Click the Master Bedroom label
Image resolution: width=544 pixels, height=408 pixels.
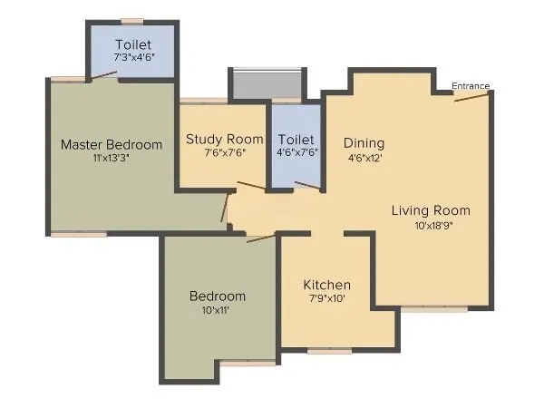112,144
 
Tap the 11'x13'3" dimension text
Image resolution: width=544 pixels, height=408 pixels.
112,159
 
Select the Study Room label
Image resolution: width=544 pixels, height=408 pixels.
224,139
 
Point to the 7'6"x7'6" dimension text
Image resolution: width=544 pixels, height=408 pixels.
224,153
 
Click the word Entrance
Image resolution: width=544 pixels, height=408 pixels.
471,86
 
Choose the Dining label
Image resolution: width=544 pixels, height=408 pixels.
364,143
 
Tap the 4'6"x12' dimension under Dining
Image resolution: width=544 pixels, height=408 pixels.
364,158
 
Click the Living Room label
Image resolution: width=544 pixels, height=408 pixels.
431,211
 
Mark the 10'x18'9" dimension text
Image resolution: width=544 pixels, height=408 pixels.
431,226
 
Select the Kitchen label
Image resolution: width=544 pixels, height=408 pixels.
326,285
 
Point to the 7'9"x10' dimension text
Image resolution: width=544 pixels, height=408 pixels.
326,299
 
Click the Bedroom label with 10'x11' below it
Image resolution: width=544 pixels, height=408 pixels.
217,296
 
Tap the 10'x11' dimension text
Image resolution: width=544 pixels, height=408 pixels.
217,311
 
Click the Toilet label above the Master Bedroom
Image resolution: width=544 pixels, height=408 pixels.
133,44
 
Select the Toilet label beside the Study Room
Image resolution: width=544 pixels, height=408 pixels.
296,140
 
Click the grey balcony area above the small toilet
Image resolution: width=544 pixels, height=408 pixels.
264,84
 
